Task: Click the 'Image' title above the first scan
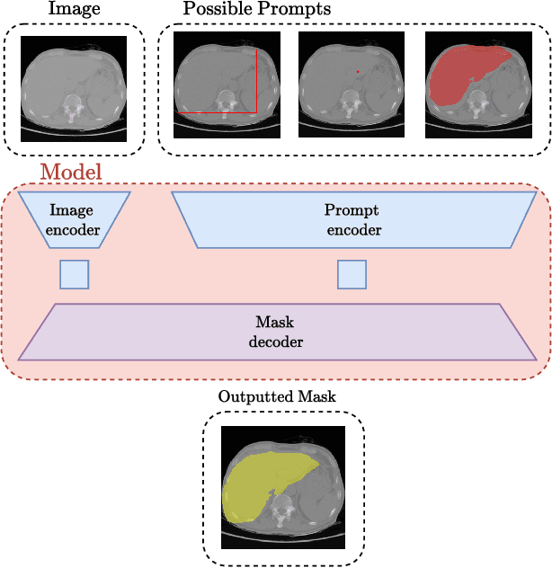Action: (74, 10)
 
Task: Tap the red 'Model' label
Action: (71, 172)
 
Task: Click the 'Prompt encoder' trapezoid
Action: (352, 221)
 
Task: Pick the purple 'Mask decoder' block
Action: (275, 332)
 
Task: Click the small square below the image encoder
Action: (74, 274)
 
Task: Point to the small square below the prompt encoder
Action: (352, 274)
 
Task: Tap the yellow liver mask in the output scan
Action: (256, 485)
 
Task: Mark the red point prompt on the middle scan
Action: (358, 71)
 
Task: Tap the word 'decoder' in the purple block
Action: (275, 342)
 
